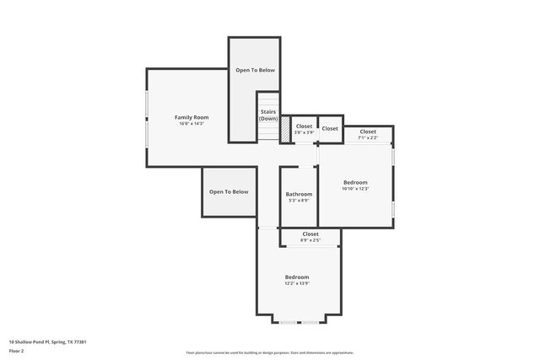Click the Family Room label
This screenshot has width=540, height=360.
[192, 117]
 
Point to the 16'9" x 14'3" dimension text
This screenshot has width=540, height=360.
[192, 124]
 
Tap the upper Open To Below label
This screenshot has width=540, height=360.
[255, 70]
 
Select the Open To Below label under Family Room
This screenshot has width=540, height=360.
[229, 191]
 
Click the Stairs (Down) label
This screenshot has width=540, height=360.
[268, 115]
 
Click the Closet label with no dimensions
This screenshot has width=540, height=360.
[330, 128]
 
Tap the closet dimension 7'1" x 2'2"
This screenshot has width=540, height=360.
[368, 137]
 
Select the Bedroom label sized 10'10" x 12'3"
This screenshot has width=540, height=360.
[355, 182]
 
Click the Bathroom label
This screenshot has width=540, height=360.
[299, 194]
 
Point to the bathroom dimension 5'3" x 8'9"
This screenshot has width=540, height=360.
[299, 201]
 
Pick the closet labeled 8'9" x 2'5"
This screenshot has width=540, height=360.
[310, 240]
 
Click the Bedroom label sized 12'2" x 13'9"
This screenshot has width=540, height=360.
[297, 277]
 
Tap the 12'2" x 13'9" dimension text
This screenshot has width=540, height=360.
[297, 284]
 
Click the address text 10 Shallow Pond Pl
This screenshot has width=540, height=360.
[48, 341]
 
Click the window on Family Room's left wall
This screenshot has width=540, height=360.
[147, 118]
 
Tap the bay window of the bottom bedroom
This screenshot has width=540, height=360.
[299, 323]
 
